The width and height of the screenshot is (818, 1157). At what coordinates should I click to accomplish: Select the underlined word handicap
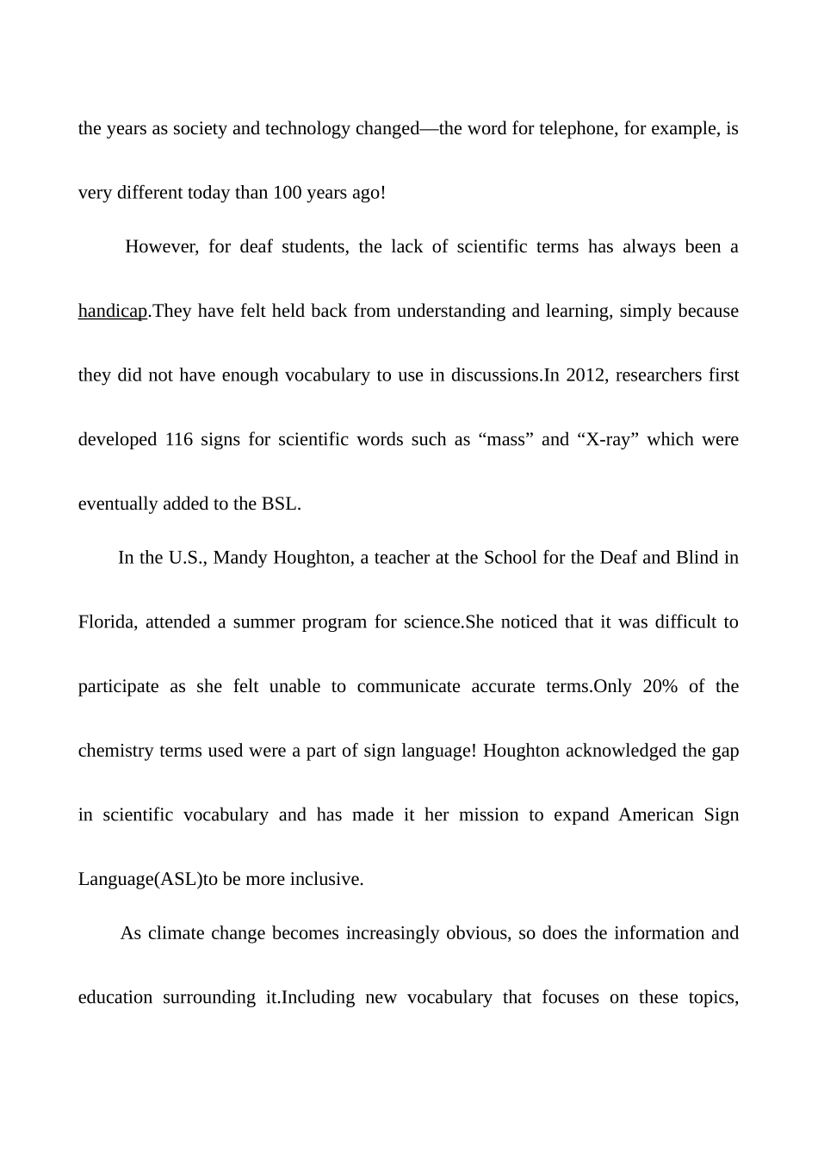coord(113,311)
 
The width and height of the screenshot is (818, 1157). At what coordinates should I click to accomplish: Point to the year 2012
coord(586,375)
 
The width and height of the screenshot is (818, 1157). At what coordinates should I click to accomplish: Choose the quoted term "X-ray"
coord(605,440)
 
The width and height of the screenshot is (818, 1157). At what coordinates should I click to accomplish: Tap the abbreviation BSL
coord(280,504)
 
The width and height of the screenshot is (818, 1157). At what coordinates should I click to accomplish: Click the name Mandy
coord(239,558)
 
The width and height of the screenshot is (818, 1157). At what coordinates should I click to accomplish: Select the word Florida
coord(106,622)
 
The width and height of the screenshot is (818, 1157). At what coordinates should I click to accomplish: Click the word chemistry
coord(116,751)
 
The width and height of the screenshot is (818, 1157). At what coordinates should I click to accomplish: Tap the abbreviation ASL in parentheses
coord(178,880)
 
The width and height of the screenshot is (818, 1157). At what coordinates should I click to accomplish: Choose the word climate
coord(177,934)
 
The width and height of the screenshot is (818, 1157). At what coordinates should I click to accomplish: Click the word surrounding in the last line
coord(209,999)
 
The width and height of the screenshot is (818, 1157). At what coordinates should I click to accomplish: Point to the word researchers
coord(655,375)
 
